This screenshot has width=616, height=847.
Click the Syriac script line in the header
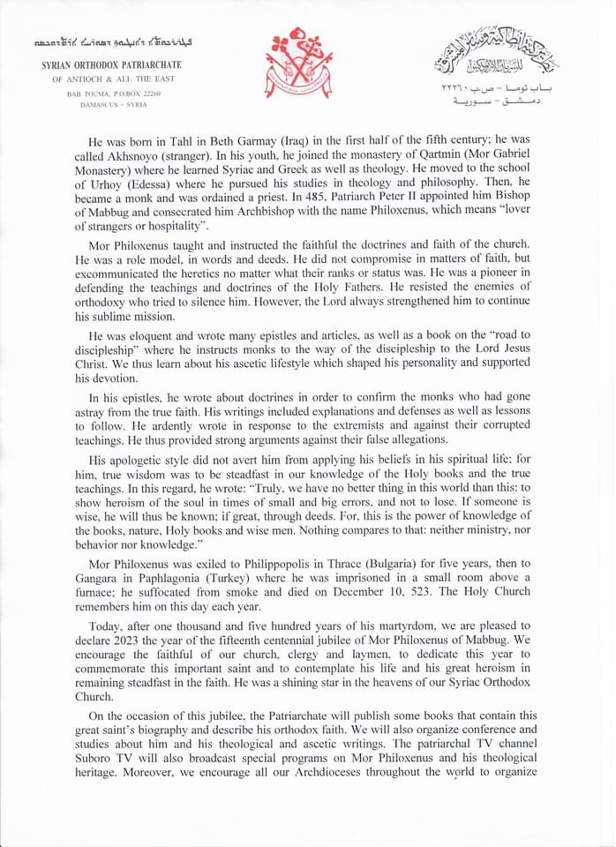pyautogui.click(x=112, y=41)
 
